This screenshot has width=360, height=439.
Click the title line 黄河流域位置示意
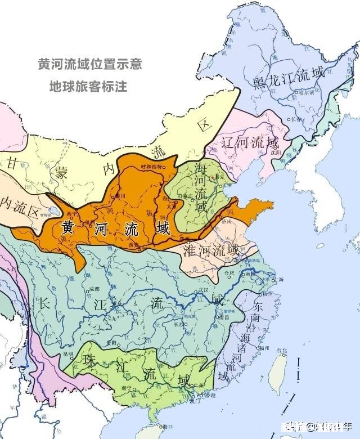coord(89,64)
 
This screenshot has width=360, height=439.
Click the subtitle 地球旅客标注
coord(88,87)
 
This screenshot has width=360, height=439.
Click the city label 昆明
coord(68,354)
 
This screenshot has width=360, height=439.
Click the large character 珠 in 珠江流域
coord(91,362)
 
